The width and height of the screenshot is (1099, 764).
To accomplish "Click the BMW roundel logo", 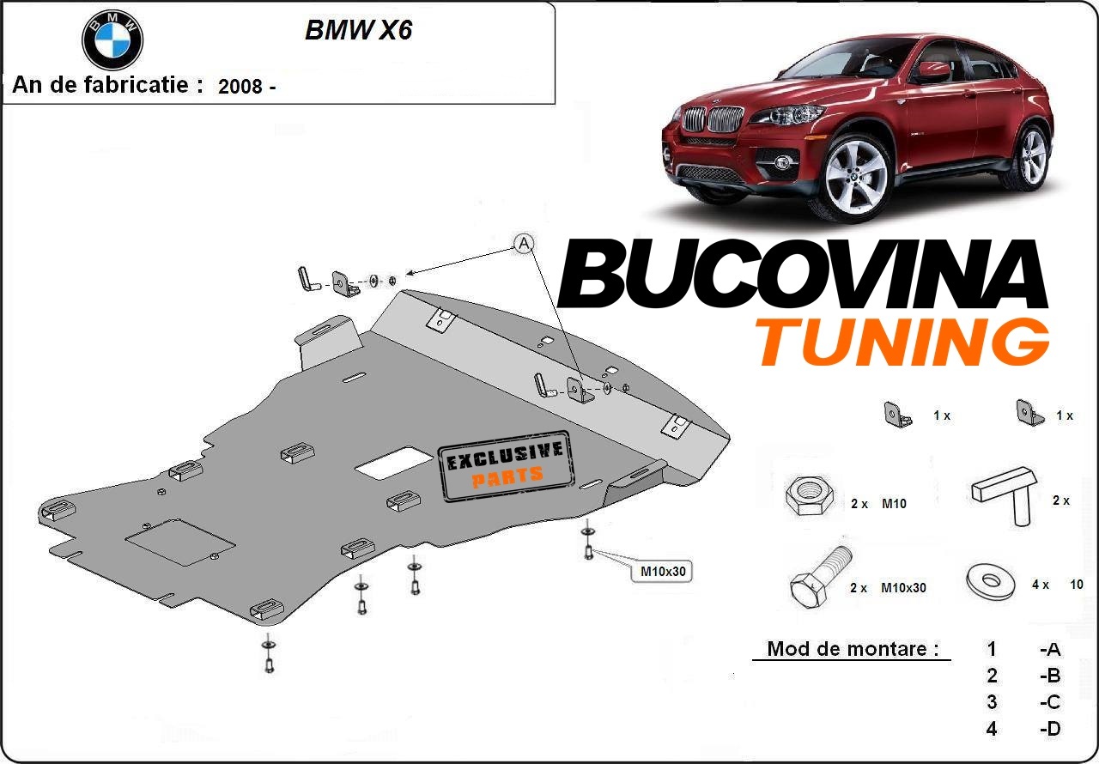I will click(112, 40).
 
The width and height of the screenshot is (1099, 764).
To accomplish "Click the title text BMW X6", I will click(358, 31).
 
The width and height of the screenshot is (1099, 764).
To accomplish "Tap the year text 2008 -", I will click(247, 87).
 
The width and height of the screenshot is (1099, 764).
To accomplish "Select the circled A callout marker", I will click(524, 245).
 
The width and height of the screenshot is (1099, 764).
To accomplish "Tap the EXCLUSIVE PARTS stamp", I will click(506, 466).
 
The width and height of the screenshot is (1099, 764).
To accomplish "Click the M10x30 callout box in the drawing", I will click(663, 571).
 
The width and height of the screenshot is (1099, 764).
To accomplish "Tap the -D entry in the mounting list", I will click(1049, 729).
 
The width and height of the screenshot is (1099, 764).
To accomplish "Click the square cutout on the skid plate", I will click(180, 543).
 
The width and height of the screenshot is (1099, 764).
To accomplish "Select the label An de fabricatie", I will click(107, 86).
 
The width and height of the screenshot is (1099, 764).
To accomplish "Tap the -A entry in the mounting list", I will click(1049, 649).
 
